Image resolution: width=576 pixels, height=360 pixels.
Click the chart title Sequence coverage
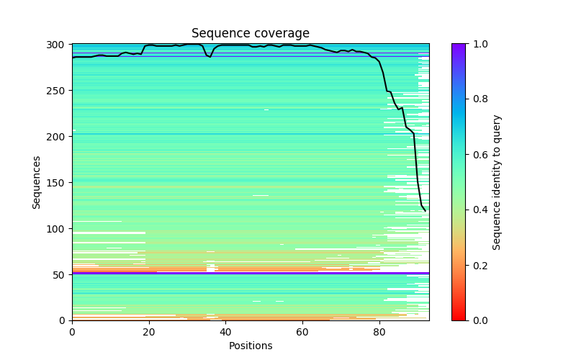(250, 34)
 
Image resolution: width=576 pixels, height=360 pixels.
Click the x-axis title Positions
(250, 346)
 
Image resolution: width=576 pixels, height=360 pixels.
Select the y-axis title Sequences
(37, 182)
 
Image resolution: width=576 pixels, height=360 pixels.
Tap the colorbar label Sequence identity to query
(497, 182)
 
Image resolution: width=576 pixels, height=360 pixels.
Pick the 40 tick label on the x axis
(225, 332)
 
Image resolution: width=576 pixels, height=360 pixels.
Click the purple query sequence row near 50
(250, 273)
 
